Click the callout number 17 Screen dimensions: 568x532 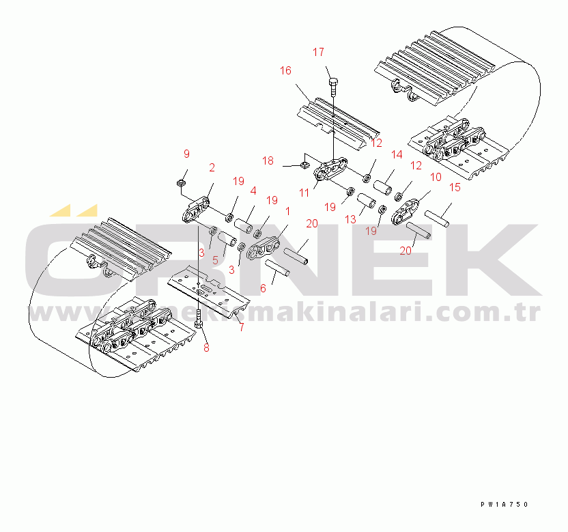(319, 53)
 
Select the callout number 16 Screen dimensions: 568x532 (285, 70)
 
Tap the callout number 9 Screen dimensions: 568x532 (186, 154)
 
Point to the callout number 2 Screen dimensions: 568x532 (212, 167)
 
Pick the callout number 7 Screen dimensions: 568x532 (240, 327)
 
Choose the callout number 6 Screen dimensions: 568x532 (263, 288)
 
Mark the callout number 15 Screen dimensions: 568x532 (455, 186)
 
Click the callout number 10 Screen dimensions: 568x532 (435, 176)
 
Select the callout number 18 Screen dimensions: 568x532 (268, 160)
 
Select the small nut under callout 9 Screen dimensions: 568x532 (182, 182)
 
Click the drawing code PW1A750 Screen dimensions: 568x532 (504, 504)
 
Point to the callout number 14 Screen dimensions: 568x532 (396, 155)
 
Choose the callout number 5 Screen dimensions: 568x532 (215, 260)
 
